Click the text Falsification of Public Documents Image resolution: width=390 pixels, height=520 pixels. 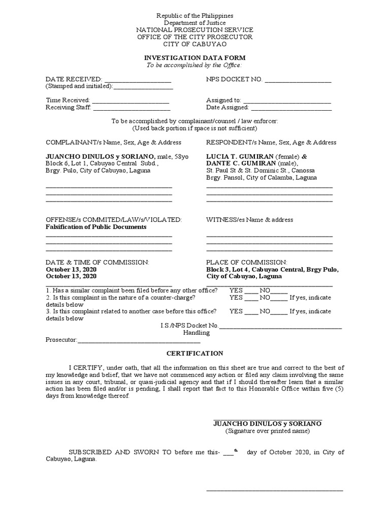(x=96, y=227)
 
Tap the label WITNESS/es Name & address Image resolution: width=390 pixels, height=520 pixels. (x=249, y=220)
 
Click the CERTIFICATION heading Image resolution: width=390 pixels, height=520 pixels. (x=195, y=353)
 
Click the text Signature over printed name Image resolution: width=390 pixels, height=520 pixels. (x=268, y=431)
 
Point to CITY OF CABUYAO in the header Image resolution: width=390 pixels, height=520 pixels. (x=194, y=44)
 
